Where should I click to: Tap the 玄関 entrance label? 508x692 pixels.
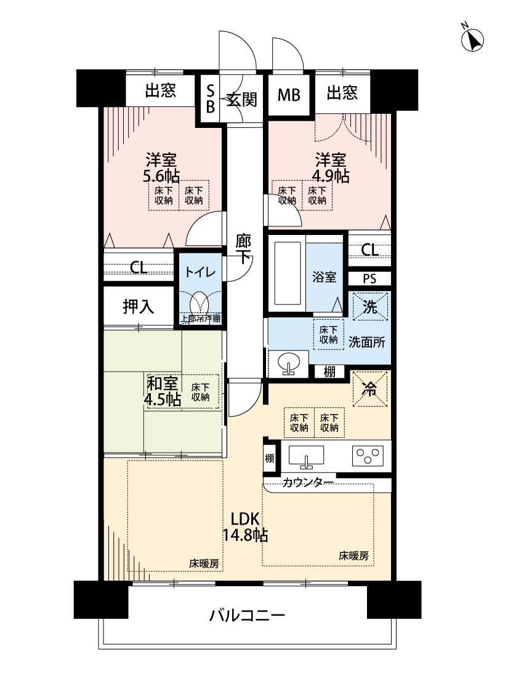241,99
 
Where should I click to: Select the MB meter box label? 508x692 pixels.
289,95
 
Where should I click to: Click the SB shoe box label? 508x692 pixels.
210,98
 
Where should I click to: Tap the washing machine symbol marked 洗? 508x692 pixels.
370,306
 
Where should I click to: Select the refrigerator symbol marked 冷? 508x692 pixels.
369,389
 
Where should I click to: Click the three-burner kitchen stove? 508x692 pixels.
368,455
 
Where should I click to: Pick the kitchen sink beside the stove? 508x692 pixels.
306,456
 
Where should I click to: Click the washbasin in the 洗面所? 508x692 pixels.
288,364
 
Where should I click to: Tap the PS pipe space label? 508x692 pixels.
369,279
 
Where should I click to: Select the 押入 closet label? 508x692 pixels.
139,306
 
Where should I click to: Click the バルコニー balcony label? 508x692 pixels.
247,614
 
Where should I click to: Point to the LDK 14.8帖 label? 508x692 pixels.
244,527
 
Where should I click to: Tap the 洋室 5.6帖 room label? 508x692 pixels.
161,167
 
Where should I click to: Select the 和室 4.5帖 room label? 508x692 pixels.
163,391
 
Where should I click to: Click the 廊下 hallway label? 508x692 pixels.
243,249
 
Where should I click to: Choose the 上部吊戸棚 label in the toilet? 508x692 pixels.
200,318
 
